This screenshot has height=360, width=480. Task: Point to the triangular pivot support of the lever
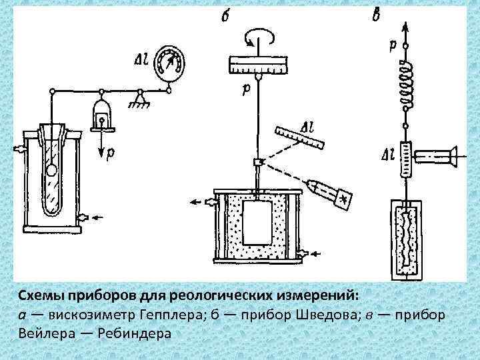pyautogui.click(x=140, y=99)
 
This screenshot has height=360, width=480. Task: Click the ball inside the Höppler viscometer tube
pyautogui.click(x=52, y=169)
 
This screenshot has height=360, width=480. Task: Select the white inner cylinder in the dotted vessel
pyautogui.click(x=257, y=223)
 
